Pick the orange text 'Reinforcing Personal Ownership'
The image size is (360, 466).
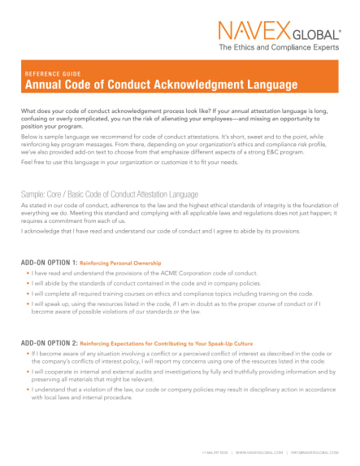pos(120,263)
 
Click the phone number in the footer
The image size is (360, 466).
pos(215,450)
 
